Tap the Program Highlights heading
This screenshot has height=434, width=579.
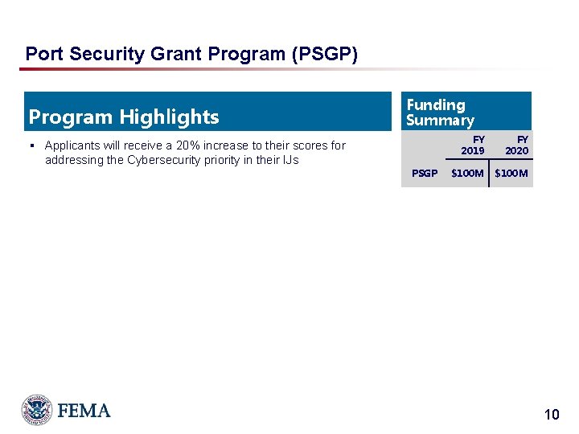pyautogui.click(x=124, y=117)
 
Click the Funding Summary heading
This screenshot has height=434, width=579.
pyautogui.click(x=440, y=113)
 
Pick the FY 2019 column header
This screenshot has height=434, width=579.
pyautogui.click(x=473, y=145)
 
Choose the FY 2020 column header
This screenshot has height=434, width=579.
pyautogui.click(x=517, y=145)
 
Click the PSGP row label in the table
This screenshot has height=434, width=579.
pyautogui.click(x=425, y=173)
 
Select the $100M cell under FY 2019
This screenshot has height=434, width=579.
pyautogui.click(x=467, y=173)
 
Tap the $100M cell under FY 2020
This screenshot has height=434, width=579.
pyautogui.click(x=511, y=173)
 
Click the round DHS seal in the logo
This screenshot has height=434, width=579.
pyautogui.click(x=37, y=410)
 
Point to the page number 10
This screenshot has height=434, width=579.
pyautogui.click(x=551, y=415)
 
